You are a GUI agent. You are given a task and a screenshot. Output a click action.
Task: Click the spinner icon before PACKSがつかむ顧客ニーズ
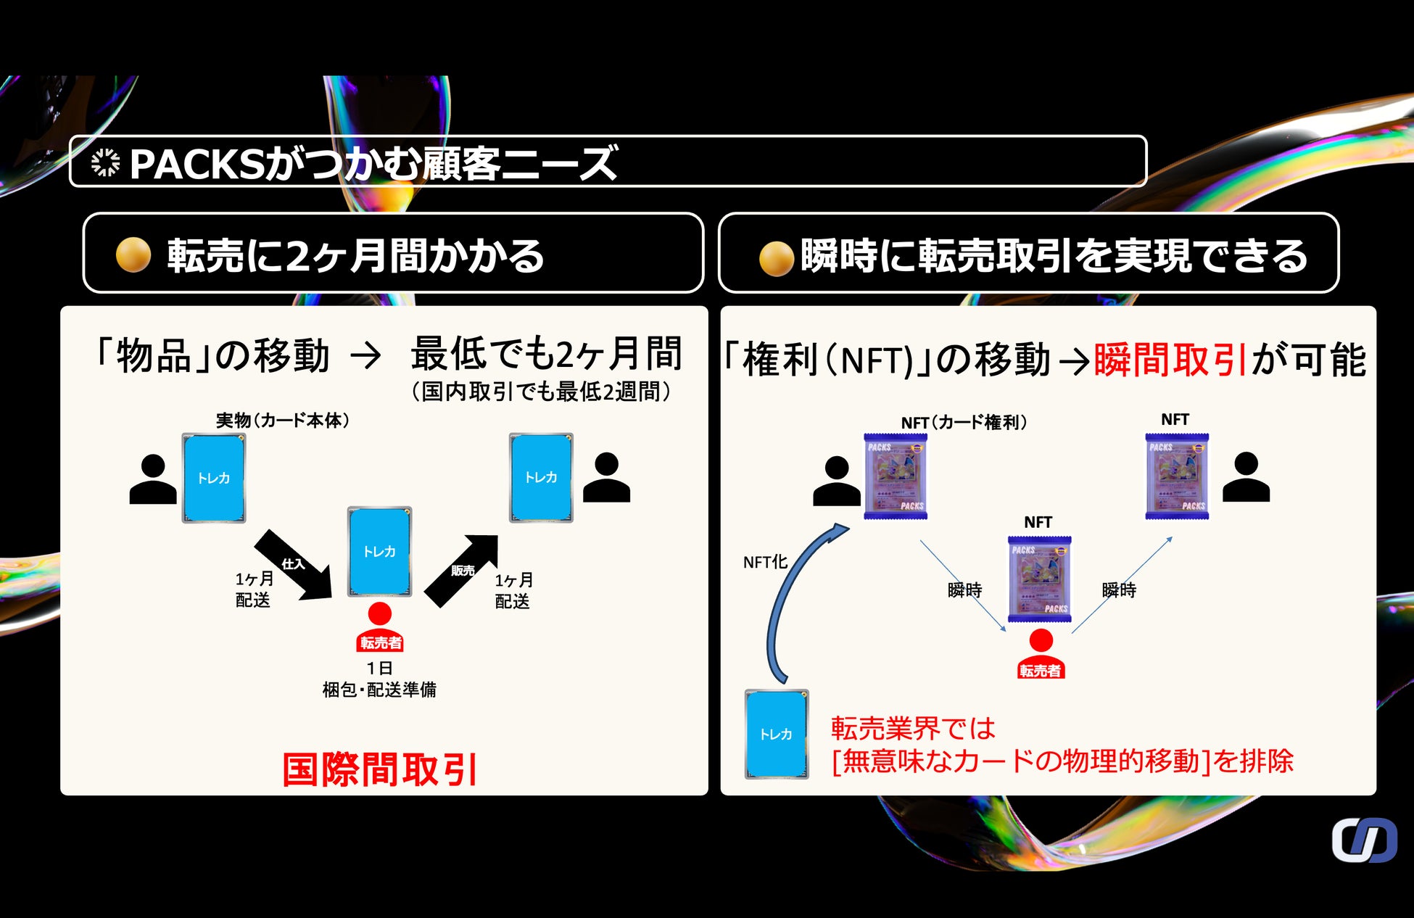point(106,162)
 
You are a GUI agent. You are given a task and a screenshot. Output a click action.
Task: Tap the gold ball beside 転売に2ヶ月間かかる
point(133,255)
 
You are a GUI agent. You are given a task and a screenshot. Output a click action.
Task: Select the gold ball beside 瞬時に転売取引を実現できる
point(776,258)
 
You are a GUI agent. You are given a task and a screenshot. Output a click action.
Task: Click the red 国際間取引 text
point(379,769)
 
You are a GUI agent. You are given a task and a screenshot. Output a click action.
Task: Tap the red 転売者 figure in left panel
point(380,628)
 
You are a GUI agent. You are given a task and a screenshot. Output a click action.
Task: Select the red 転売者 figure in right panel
point(1041,655)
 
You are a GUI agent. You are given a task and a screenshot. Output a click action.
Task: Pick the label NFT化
point(765,562)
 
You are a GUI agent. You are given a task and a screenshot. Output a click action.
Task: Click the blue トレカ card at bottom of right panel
point(777,734)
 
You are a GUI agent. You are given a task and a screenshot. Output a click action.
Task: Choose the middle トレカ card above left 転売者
point(380,551)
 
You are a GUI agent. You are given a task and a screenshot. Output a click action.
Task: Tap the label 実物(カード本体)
point(283,421)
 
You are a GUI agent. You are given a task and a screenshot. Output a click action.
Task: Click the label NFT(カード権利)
point(964,423)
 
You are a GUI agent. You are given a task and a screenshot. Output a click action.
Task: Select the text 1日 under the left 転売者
point(379,668)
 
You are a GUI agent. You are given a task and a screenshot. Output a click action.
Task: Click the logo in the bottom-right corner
point(1364,840)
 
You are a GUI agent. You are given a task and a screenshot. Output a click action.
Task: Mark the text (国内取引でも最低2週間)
point(541,392)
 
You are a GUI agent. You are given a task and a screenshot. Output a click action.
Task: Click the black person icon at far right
point(1246,477)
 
